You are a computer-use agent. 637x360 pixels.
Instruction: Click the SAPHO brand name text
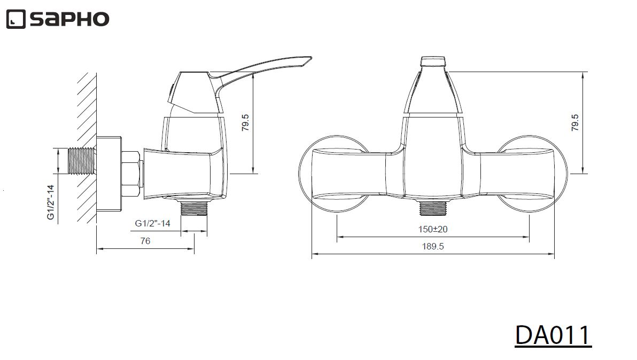69,19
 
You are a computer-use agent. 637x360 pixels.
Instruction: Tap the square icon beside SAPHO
16,19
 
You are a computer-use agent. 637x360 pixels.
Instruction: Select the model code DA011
553,335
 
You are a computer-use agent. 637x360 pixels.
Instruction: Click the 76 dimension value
145,241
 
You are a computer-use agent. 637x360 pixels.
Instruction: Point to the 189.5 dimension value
433,246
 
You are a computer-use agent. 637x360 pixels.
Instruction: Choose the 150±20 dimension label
433,229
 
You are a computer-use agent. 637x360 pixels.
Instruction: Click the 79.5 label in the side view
245,122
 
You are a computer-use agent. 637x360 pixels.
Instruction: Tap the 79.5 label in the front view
575,122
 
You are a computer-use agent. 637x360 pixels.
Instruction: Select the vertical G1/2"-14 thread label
50,202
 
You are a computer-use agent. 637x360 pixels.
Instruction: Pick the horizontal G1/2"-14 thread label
152,223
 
